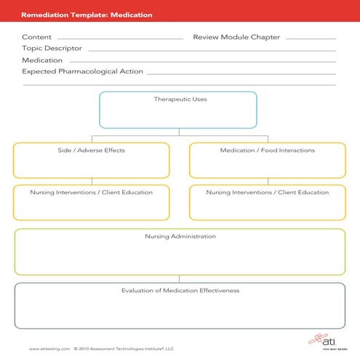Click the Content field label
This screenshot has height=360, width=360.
point(36,37)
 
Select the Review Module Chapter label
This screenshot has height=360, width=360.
point(236,37)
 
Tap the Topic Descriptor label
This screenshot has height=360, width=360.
point(52,49)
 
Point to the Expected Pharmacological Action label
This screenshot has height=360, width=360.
point(82,72)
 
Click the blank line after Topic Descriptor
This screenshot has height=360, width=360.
point(211,51)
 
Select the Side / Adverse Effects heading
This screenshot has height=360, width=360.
point(91,151)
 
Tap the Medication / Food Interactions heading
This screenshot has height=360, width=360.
point(267,151)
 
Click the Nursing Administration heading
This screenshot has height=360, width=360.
point(180,236)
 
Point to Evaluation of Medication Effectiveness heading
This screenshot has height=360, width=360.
point(180,291)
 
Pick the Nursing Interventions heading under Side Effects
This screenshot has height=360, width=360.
point(91,193)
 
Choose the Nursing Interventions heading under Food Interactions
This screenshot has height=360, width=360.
point(267,193)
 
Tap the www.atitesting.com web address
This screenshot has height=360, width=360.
point(49,348)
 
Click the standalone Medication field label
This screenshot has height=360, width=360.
point(42,60)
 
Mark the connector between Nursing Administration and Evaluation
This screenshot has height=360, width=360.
point(180,279)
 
